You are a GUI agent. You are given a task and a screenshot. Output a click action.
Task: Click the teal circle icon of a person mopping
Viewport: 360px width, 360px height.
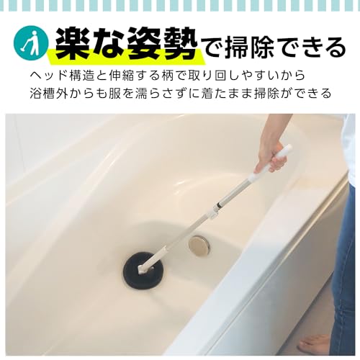pos(31,44)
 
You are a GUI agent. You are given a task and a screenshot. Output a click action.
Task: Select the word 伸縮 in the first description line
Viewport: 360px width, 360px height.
pos(119,75)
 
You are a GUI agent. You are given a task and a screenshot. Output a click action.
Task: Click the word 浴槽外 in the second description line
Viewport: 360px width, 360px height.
pos(48,94)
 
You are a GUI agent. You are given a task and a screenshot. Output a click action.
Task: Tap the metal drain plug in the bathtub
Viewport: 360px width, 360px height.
pos(199,246)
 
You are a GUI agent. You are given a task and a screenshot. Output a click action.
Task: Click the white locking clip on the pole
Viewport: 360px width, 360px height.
pos(215,212)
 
